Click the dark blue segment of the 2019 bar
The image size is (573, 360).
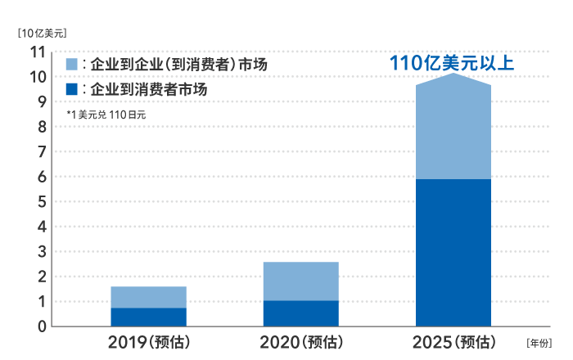148,317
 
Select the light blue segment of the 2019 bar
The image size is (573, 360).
148,297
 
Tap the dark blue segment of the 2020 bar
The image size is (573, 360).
300,313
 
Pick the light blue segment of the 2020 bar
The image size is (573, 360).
300,281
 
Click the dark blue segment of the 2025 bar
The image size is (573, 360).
453,252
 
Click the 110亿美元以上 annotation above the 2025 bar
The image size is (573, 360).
452,62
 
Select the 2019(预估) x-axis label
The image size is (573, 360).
149,341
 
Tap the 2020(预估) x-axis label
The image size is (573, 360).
300,341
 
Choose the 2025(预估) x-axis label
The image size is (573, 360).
454,341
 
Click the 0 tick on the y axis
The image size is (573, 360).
40,326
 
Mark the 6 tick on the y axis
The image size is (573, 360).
40,177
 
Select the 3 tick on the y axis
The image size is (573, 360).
40,252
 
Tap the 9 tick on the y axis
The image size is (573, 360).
40,102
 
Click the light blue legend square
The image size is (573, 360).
71,63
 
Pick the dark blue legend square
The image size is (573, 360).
71,88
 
